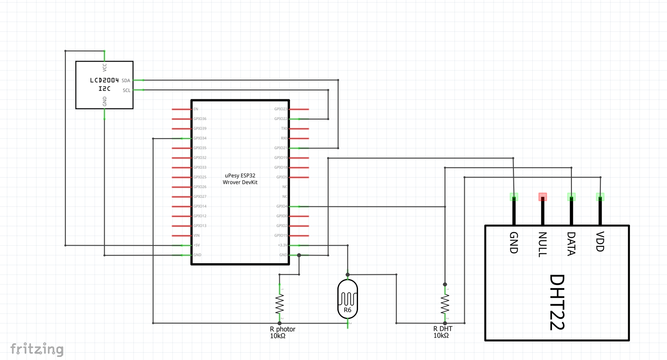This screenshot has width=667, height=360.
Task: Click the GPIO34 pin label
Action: point(200,138)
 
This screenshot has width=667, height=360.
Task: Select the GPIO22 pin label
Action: point(281,119)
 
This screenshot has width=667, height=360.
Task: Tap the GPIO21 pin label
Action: point(281,148)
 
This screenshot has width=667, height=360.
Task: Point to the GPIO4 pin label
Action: point(282,206)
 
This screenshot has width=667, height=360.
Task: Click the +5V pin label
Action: point(196,245)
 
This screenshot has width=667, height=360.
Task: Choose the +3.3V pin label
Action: point(282,245)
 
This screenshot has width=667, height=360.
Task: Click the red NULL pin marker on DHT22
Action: point(543,197)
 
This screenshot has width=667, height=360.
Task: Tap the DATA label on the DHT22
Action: point(571,244)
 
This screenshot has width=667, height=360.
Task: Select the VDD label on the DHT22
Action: point(600,241)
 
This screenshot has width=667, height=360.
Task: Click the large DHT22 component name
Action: point(557,302)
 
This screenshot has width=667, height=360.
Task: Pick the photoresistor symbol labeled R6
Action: point(347,299)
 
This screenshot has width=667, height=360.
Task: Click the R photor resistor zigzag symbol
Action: point(280,304)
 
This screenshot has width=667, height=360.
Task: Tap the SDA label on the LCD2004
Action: point(126,80)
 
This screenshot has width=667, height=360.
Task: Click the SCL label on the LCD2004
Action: point(127,90)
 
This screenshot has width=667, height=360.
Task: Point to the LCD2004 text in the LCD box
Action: point(104,80)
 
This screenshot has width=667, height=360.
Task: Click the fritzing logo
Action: point(37,349)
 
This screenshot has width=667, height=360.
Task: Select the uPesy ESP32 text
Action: point(240,175)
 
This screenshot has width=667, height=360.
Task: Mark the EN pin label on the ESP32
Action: point(196,109)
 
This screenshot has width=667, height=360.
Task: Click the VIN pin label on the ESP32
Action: point(196,236)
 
